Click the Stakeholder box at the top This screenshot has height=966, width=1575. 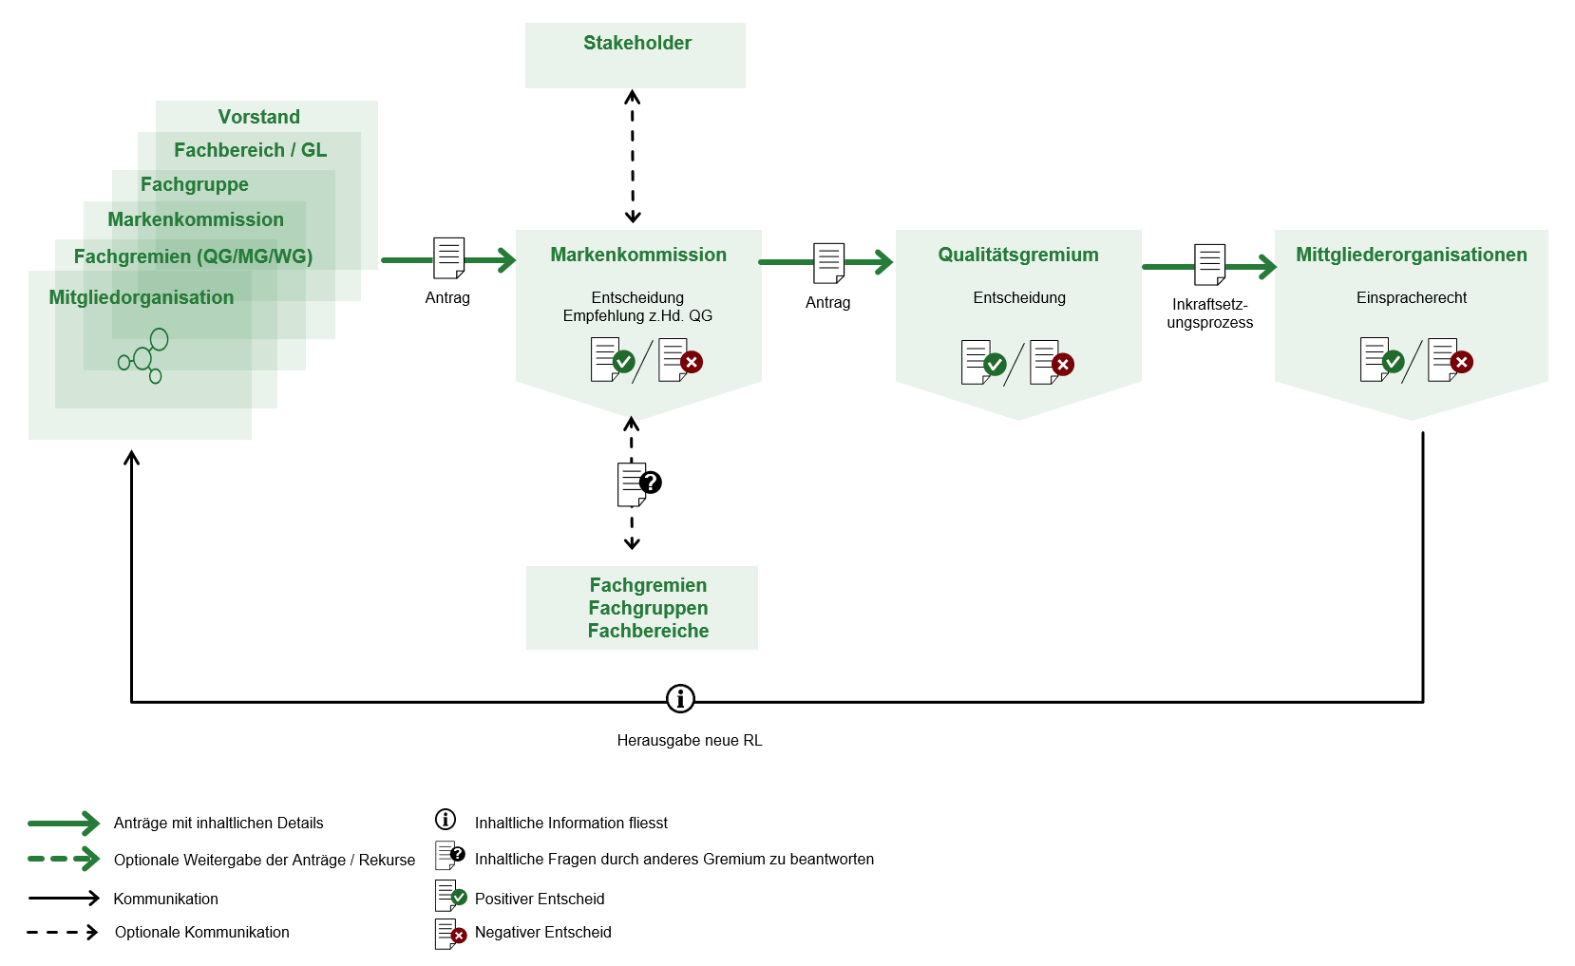point(636,54)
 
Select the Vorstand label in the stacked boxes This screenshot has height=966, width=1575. point(258,117)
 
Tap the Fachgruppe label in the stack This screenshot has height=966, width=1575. point(195,184)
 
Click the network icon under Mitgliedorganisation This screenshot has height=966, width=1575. point(143,355)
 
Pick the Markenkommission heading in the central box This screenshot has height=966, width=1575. point(638,255)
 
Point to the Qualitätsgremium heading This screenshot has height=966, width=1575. point(1018,255)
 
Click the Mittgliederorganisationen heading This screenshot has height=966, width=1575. point(1412,255)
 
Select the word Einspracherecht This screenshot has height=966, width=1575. point(1412,298)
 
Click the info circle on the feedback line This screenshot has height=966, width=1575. point(680,699)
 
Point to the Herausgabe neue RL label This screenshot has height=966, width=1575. point(690,741)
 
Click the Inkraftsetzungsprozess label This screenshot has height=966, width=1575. point(1210,313)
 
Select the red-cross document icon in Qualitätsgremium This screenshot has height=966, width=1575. point(1051,363)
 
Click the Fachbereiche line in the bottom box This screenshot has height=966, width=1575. point(648,631)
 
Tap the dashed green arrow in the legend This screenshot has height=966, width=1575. point(64,859)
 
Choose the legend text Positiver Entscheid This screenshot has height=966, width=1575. point(540,899)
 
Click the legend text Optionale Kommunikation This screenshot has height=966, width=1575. point(202,933)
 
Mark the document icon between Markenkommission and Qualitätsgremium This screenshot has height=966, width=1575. point(828,263)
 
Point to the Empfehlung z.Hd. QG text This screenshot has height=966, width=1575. point(637,316)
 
